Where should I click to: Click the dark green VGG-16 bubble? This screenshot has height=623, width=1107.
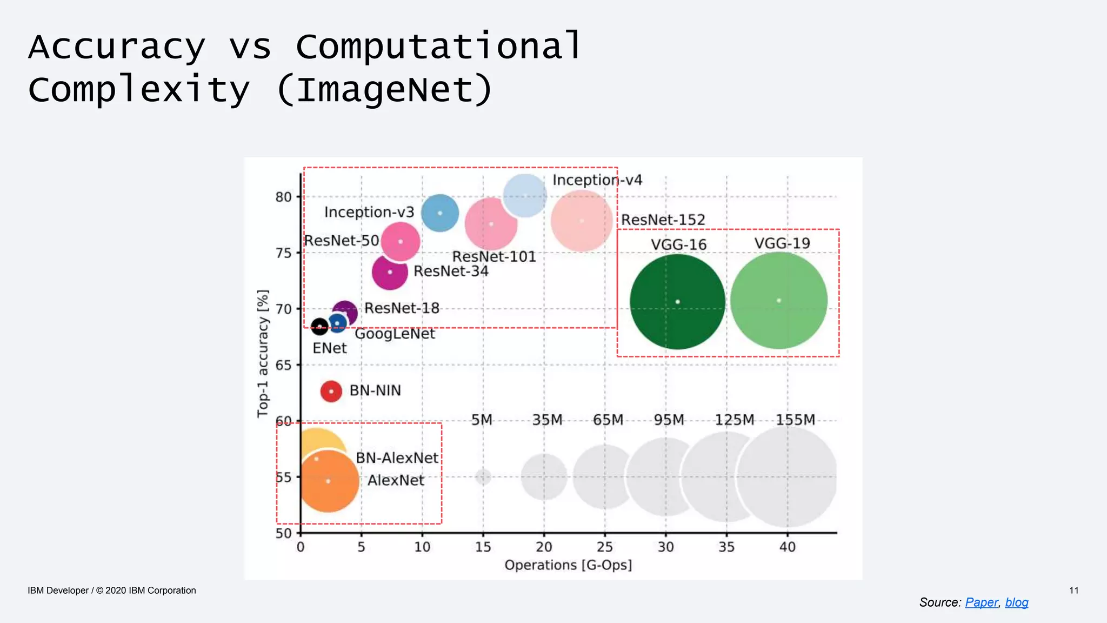pos(677,302)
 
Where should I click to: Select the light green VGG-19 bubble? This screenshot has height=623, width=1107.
pos(778,301)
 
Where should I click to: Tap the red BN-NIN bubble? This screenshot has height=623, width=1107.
pos(331,391)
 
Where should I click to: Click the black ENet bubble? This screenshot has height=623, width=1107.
pos(319,327)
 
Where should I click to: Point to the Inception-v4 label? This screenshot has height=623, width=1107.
pos(597,180)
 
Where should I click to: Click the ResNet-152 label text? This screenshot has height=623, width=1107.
pos(663,220)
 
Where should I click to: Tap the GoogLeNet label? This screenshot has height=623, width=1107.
pos(395,334)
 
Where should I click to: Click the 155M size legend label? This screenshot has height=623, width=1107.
pos(795,420)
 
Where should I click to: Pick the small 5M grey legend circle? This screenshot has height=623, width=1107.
pos(483,476)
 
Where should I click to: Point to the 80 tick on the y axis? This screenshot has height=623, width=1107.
pos(283,197)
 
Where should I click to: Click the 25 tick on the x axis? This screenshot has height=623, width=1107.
pos(604,547)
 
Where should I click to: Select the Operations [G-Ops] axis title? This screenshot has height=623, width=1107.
pos(568,565)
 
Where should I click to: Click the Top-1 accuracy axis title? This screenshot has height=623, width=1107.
pos(263,353)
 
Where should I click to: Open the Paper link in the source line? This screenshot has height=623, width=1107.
pos(981,602)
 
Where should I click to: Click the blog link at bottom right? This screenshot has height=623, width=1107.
pos(1016,602)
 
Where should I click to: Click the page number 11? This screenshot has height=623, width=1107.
pos(1073,591)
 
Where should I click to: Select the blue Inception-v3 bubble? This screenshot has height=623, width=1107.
pos(439,213)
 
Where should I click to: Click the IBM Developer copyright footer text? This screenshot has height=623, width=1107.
pos(112,591)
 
